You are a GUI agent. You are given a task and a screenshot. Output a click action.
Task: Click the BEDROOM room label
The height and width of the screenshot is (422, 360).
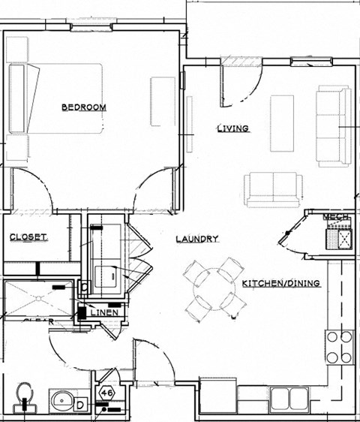pos(83,107)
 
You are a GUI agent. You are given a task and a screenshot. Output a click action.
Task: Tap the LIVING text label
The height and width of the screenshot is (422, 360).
pos(232,128)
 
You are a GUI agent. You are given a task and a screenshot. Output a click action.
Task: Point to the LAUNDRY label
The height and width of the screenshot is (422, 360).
pos(196,239)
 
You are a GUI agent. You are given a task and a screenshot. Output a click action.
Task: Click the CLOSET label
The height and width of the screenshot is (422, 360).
pos(28,237)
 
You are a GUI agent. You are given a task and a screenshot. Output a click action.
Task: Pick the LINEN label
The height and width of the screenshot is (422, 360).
pos(101,312)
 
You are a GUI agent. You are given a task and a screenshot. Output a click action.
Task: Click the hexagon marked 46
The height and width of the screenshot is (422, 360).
pos(106,392)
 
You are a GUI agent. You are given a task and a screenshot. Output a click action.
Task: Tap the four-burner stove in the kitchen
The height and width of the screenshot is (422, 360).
pos(338,345)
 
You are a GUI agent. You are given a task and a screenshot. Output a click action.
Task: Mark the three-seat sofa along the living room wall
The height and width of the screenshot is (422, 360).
pos(333,126)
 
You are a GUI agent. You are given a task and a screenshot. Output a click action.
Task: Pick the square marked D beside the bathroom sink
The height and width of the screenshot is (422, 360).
pos(80,405)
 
